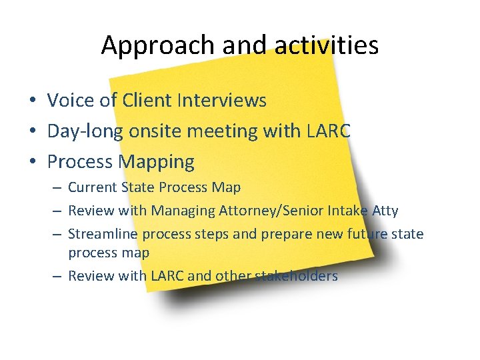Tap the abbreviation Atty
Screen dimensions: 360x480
point(386,211)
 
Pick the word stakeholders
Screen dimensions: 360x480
point(297,275)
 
